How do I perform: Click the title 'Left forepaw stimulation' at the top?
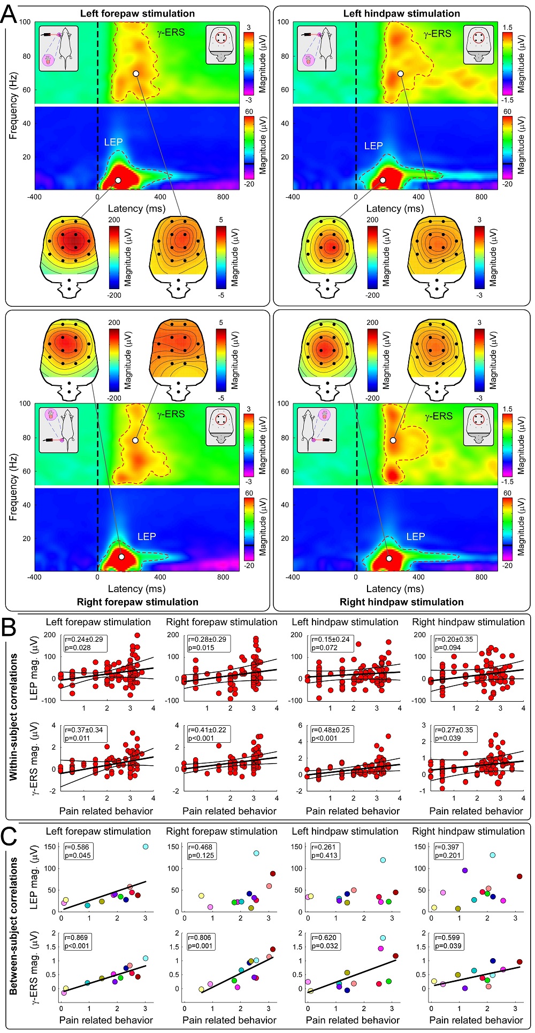tap(137, 13)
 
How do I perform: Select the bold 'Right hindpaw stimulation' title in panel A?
tap(401, 602)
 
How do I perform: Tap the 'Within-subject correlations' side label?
tap(13, 717)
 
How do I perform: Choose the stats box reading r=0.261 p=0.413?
tap(322, 851)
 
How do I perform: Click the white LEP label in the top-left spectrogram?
tap(113, 142)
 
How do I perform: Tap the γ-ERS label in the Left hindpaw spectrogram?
tap(437, 34)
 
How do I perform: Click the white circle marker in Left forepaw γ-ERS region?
tap(136, 73)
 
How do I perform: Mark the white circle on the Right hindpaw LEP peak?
tap(389, 558)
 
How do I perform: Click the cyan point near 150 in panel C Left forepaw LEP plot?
tap(145, 846)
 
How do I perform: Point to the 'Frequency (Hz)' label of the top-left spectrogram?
tap(13, 105)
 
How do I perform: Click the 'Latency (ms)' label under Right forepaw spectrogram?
tap(137, 588)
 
